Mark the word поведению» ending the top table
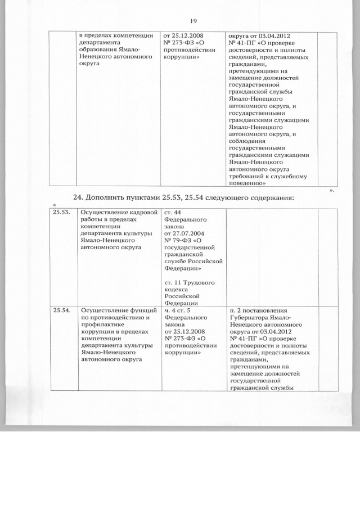(x=247, y=183)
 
